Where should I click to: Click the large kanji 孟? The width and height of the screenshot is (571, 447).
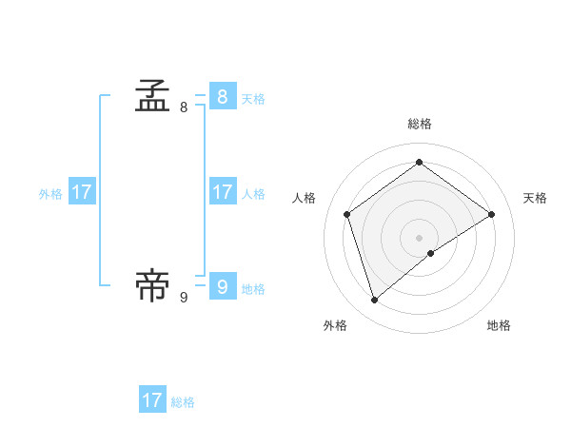pos(152,96)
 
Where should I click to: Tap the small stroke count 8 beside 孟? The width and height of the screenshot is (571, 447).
pos(184,107)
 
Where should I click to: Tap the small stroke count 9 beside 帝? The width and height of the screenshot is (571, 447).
pos(184,298)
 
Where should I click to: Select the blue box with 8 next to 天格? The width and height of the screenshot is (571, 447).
pos(222,96)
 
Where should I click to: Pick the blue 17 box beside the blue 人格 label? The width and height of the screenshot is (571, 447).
pos(222,192)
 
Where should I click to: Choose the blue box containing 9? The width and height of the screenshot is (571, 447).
pos(222,286)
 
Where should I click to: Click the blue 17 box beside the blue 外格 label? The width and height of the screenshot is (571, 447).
pos(82,192)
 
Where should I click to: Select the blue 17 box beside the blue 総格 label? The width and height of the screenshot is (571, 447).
pos(152,400)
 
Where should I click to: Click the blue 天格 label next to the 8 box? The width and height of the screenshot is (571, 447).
pos(253,98)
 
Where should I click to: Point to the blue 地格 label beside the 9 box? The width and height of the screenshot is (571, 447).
pos(253,289)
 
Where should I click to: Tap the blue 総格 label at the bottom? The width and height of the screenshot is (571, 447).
pos(183,402)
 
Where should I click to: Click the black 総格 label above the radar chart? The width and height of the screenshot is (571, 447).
pos(420,124)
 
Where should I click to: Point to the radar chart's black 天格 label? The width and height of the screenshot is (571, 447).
pos(535,198)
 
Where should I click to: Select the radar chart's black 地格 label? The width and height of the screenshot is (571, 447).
pos(499,325)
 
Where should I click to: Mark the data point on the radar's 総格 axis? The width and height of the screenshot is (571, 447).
pos(420,162)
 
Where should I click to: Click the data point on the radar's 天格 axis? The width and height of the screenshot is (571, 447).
pos(492,214)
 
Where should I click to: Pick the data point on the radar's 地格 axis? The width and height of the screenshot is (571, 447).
pos(431,253)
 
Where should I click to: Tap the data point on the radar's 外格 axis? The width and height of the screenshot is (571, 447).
pos(375,301)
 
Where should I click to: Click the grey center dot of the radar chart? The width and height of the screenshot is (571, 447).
pos(420,237)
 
